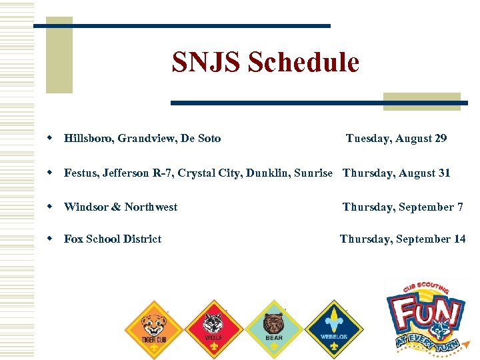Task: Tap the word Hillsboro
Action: [x=88, y=139]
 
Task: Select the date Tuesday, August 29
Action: [x=396, y=139]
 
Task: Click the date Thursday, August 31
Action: [x=397, y=173]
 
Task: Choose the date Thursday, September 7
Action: [x=403, y=207]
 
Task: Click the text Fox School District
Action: [x=113, y=239]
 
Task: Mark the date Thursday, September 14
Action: [x=403, y=239]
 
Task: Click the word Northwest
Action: [x=151, y=207]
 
